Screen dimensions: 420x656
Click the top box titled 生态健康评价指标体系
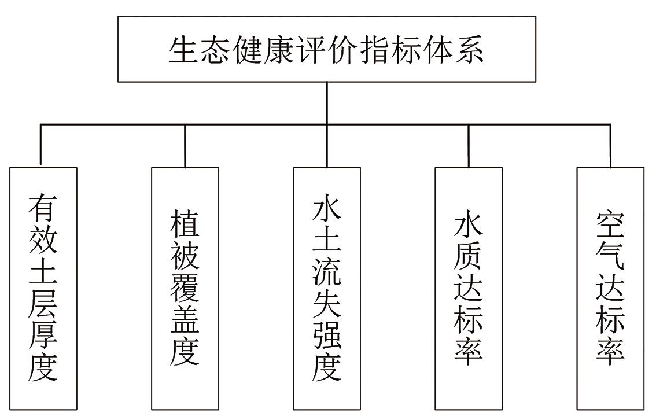pyautogui.click(x=327, y=49)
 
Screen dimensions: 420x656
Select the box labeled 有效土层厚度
pyautogui.click(x=43, y=289)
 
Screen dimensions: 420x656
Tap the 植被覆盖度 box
pyautogui.click(x=185, y=289)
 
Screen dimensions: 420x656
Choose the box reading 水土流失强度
pyautogui.click(x=327, y=289)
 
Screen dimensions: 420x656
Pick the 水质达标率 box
pyautogui.click(x=469, y=289)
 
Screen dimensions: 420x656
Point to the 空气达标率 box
pyautogui.click(x=610, y=289)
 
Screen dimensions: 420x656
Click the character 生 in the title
pyautogui.click(x=184, y=50)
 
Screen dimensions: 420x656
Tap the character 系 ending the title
pyautogui.click(x=469, y=50)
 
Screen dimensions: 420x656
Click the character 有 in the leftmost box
pyautogui.click(x=43, y=210)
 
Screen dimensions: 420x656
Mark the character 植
pyautogui.click(x=185, y=224)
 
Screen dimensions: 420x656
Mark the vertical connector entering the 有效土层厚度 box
pyautogui.click(x=41, y=145)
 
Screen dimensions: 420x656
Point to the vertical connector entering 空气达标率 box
pyautogui.click(x=610, y=145)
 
